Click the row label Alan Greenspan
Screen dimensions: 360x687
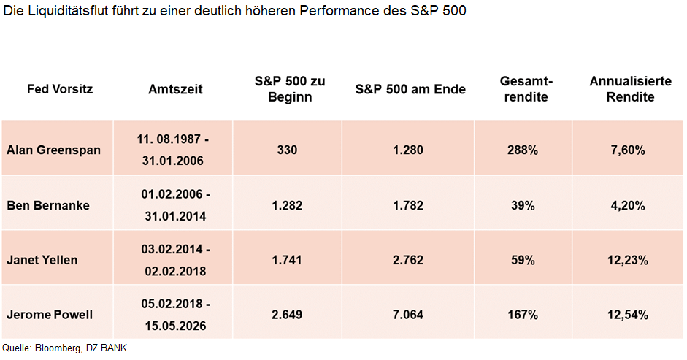pos(54,150)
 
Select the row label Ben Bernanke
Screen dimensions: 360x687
pos(48,205)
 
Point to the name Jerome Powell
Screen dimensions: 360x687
pos(50,315)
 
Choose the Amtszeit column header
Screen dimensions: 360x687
pos(175,89)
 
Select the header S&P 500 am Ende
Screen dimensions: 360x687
pos(410,89)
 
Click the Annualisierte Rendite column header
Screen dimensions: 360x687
pos(630,89)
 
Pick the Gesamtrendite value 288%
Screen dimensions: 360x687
pos(523,150)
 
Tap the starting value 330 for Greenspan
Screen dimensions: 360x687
pos(287,150)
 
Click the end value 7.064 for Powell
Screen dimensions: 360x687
pos(408,315)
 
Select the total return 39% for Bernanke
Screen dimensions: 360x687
pos(523,205)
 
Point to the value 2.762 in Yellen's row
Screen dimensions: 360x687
pos(408,260)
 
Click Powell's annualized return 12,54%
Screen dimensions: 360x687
pos(629,315)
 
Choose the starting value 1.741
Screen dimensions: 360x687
pos(287,260)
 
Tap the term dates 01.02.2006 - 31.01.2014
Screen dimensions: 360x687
pos(175,205)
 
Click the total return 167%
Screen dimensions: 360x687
pos(523,315)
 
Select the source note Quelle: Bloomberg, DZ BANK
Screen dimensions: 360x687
pos(65,348)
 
